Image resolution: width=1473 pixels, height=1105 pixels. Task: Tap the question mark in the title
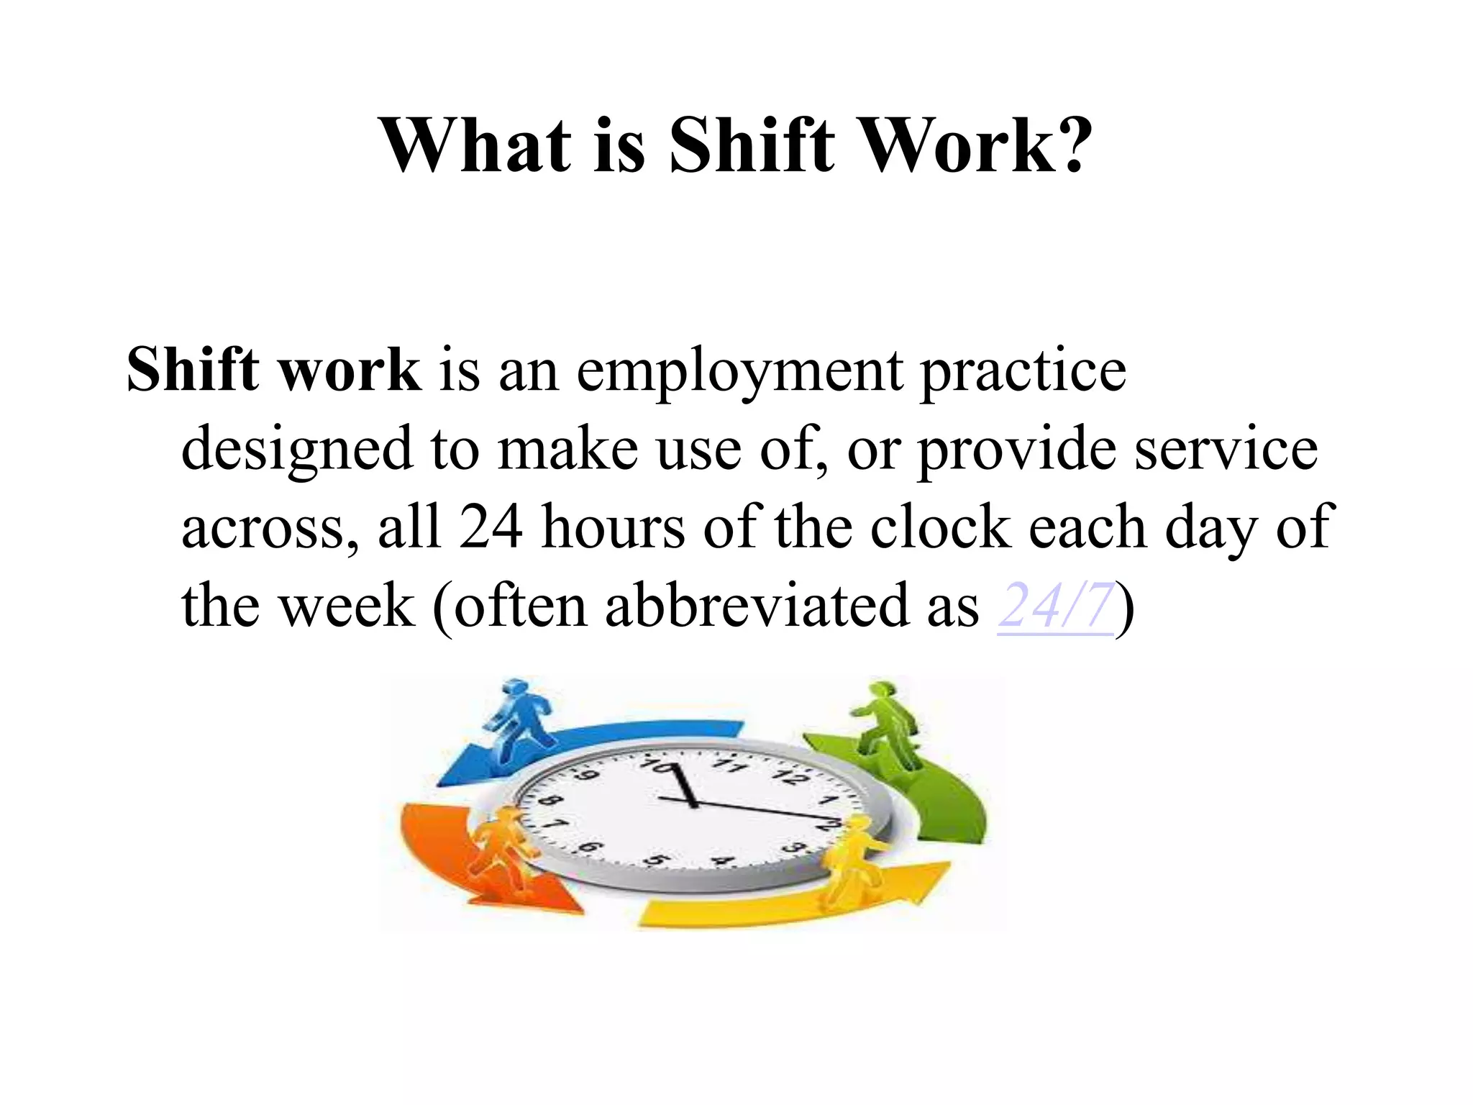1070,145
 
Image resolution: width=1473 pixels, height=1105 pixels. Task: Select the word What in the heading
475,145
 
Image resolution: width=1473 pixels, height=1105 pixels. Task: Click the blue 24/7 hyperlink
1055,606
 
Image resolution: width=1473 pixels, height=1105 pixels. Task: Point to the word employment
739,373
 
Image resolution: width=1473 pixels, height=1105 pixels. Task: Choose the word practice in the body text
1023,373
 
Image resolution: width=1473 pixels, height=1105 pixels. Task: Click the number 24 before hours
491,527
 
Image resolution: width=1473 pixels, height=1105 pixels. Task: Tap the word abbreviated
756,606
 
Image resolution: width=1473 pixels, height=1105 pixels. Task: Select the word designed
296,450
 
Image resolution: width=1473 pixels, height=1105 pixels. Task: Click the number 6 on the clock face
589,847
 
